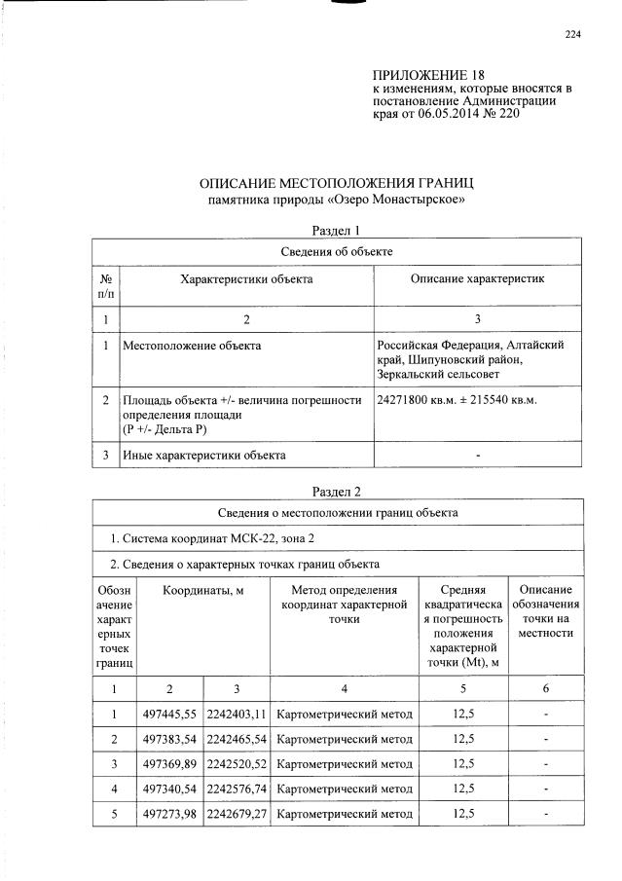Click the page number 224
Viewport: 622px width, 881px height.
pos(572,35)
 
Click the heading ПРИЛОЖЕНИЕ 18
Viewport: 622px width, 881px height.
pos(428,75)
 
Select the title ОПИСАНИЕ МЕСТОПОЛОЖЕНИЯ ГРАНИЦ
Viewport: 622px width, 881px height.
pos(336,183)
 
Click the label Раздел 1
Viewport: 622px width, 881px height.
pos(336,231)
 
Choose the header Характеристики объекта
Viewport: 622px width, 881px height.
pos(246,279)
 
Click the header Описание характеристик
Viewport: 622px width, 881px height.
pos(477,279)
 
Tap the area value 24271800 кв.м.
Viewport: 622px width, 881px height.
pos(417,399)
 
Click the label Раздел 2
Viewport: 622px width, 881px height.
pos(336,492)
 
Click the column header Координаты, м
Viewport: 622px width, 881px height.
pos(203,590)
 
